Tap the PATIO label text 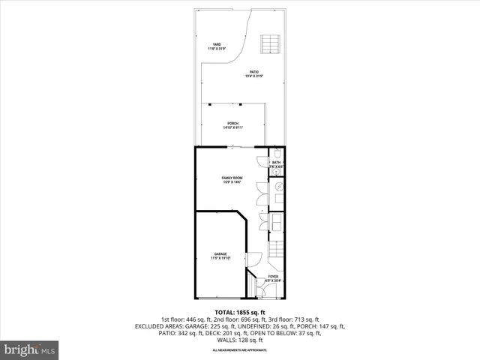(255, 72)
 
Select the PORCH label (232, 123)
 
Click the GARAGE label (220, 254)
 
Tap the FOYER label (273, 277)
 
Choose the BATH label (276, 162)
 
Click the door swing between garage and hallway (253, 259)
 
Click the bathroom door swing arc (260, 160)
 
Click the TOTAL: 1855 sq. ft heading (240, 312)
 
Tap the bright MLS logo (30, 349)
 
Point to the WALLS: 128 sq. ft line (240, 340)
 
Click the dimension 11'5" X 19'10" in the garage (220, 259)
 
